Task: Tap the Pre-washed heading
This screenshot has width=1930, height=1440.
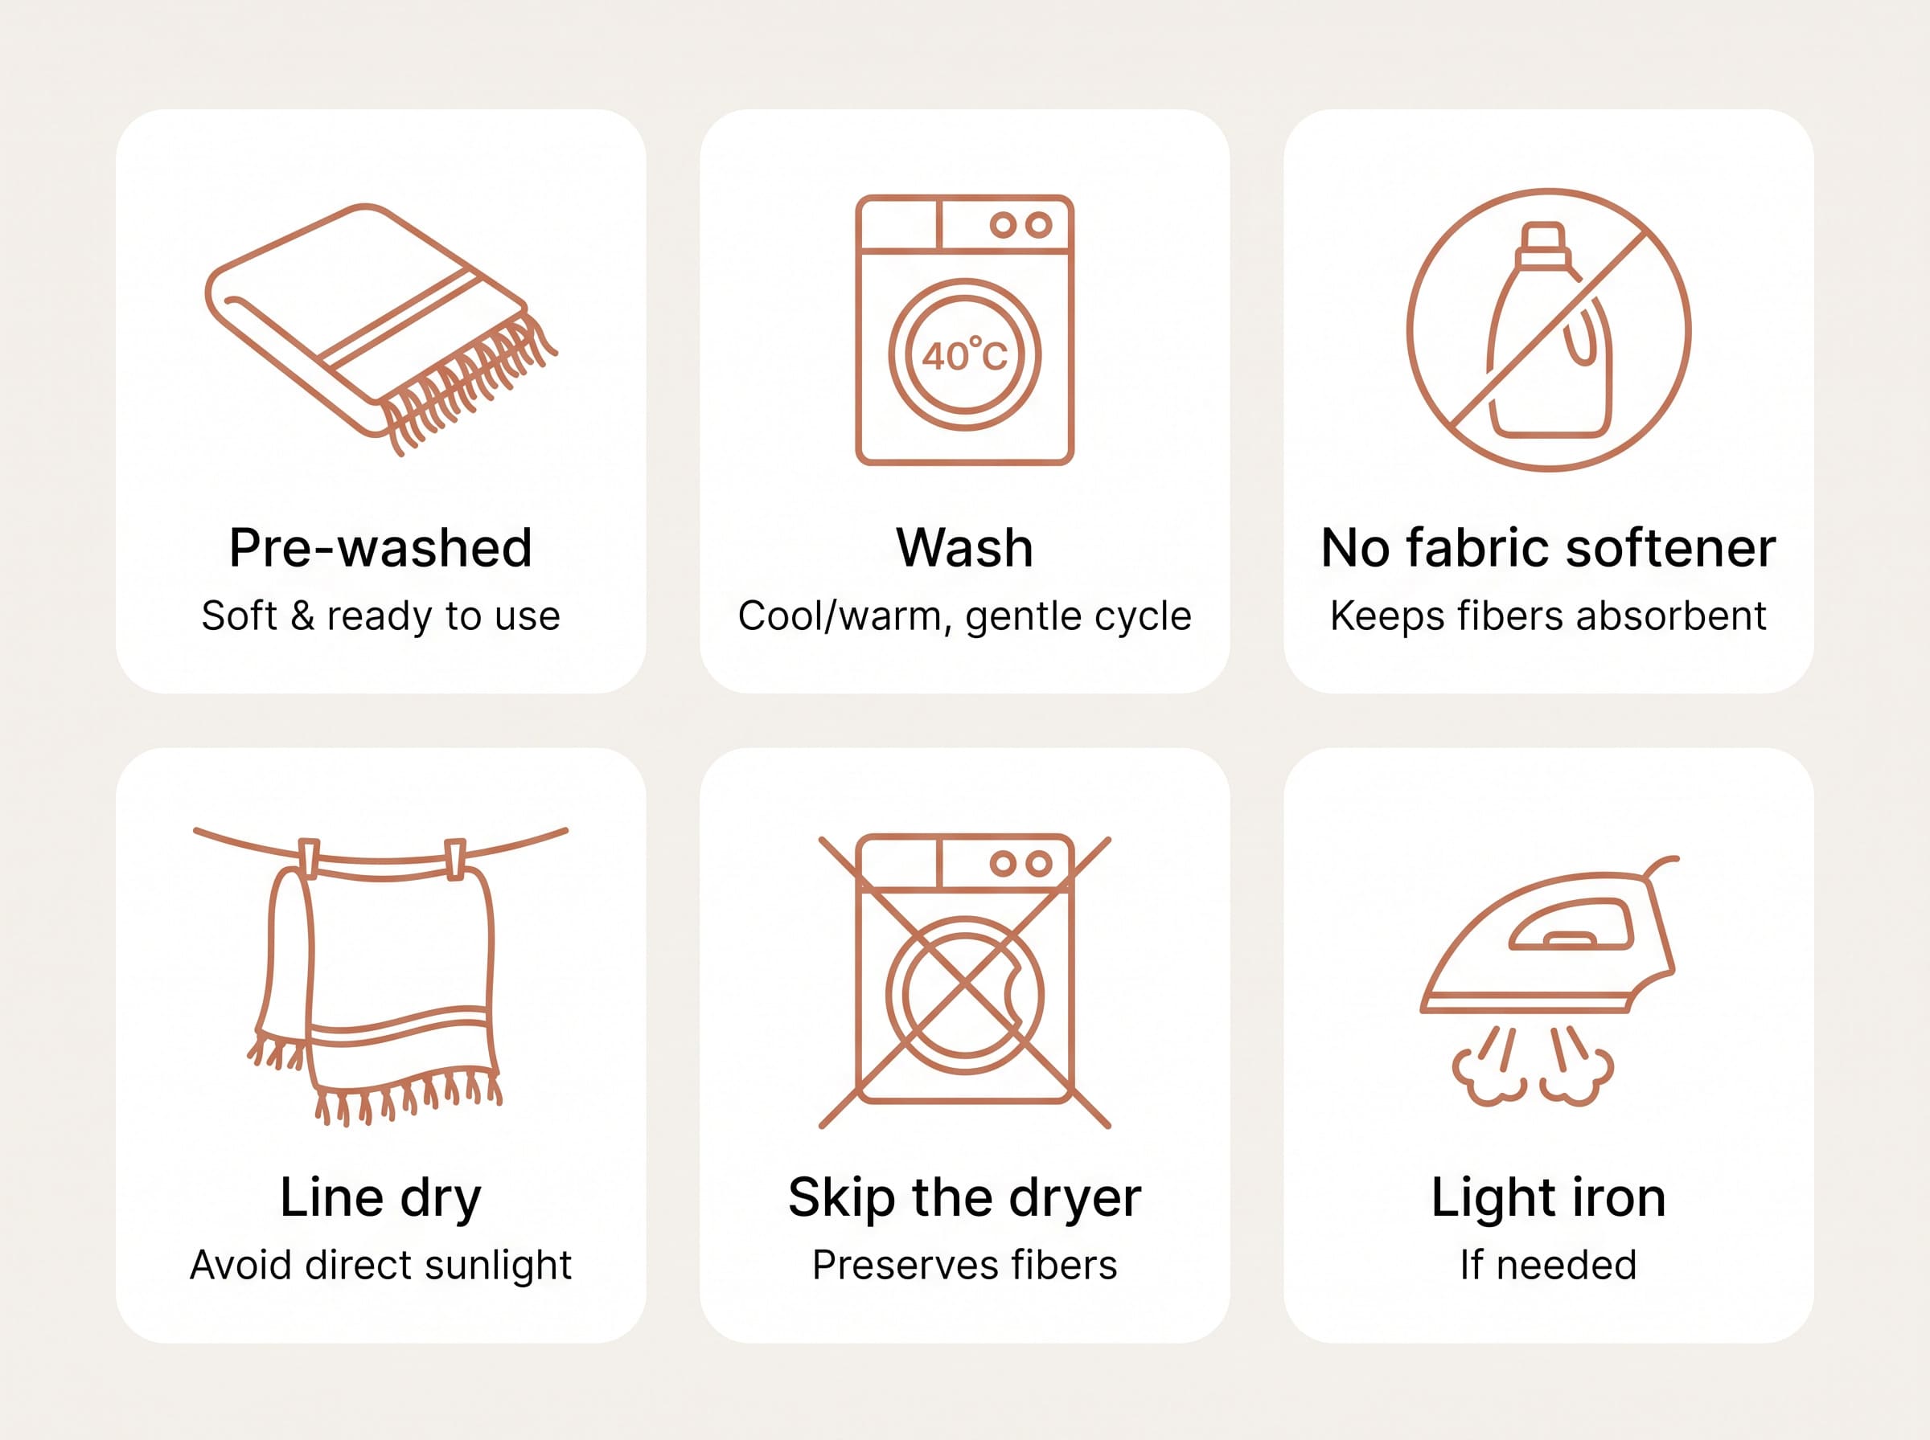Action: (380, 547)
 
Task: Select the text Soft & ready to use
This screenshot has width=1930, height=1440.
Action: (380, 616)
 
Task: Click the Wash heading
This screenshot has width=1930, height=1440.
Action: (964, 547)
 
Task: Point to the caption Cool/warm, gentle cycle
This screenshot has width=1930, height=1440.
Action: (964, 616)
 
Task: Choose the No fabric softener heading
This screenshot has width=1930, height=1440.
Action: (1548, 547)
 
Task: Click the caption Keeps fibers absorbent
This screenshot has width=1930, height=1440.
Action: (1548, 616)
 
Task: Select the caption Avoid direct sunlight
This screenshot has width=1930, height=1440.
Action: (380, 1265)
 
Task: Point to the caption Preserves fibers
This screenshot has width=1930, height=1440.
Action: (964, 1265)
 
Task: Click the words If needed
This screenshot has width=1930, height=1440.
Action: (1548, 1265)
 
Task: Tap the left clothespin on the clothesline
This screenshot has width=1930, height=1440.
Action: (309, 858)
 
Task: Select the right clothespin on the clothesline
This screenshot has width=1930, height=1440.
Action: (455, 860)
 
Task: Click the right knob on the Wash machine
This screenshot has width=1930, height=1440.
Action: (1038, 225)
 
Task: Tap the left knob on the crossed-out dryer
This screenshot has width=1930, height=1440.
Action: (1003, 864)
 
